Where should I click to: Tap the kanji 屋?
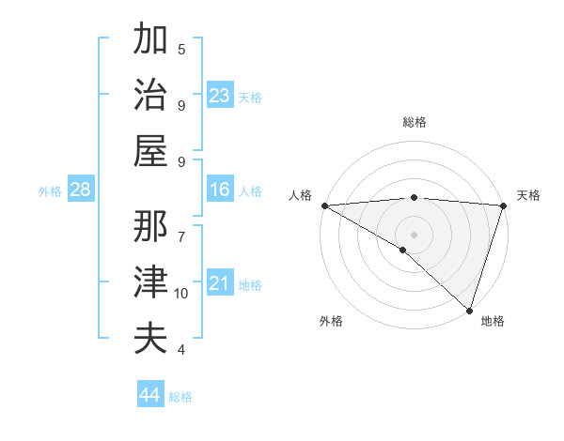pyautogui.click(x=150, y=150)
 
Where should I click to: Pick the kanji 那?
pyautogui.click(x=150, y=226)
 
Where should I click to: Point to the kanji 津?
pyautogui.click(x=150, y=282)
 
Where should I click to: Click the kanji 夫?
pyautogui.click(x=150, y=338)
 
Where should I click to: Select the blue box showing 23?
pyautogui.click(x=220, y=96)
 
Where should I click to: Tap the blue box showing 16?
pyautogui.click(x=220, y=190)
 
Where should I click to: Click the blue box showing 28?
pyautogui.click(x=81, y=190)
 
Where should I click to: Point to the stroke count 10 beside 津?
pyautogui.click(x=181, y=294)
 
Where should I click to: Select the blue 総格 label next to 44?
pyautogui.click(x=180, y=397)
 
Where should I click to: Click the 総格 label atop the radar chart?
pyautogui.click(x=414, y=122)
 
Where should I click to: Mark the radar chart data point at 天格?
pyautogui.click(x=504, y=205)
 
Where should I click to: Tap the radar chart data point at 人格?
pyautogui.click(x=324, y=205)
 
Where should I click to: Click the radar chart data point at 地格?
pyautogui.click(x=469, y=310)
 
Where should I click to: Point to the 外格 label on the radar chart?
pyautogui.click(x=331, y=321)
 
